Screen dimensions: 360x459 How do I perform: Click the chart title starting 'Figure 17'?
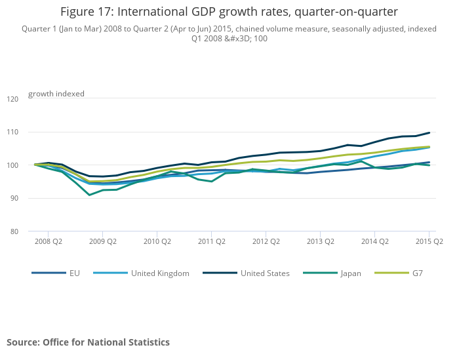tap(229, 11)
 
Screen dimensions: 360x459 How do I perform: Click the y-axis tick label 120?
tap(12, 99)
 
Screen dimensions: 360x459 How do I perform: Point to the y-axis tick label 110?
tap(12, 132)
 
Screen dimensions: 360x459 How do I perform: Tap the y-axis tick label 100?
tap(12, 165)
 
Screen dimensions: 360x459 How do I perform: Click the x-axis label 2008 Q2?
tap(48, 241)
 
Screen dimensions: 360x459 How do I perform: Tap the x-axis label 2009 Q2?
tap(102, 241)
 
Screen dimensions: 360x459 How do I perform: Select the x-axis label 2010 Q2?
tap(157, 241)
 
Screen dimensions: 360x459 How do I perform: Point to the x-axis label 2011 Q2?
tap(211, 241)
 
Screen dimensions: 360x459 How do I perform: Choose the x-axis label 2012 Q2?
tap(266, 241)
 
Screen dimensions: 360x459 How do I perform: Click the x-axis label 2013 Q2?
tap(320, 241)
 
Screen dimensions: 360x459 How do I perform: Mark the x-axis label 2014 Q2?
tap(374, 241)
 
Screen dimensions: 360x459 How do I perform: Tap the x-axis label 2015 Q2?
tap(429, 241)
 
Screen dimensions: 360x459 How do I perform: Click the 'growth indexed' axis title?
tap(56, 94)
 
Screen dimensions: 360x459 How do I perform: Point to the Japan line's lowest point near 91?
tap(90, 195)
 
